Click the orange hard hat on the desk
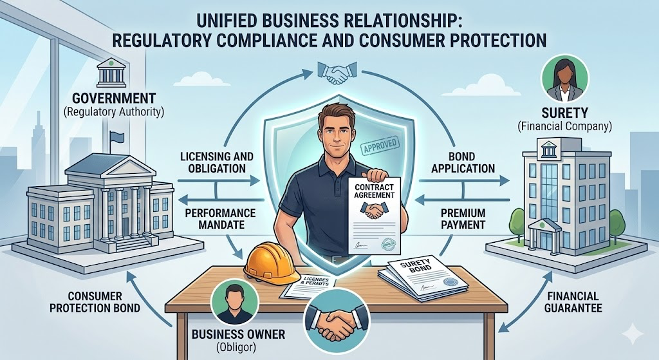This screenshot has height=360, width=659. coord(266,260)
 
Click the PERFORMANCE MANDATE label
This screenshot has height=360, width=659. coord(221,220)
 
